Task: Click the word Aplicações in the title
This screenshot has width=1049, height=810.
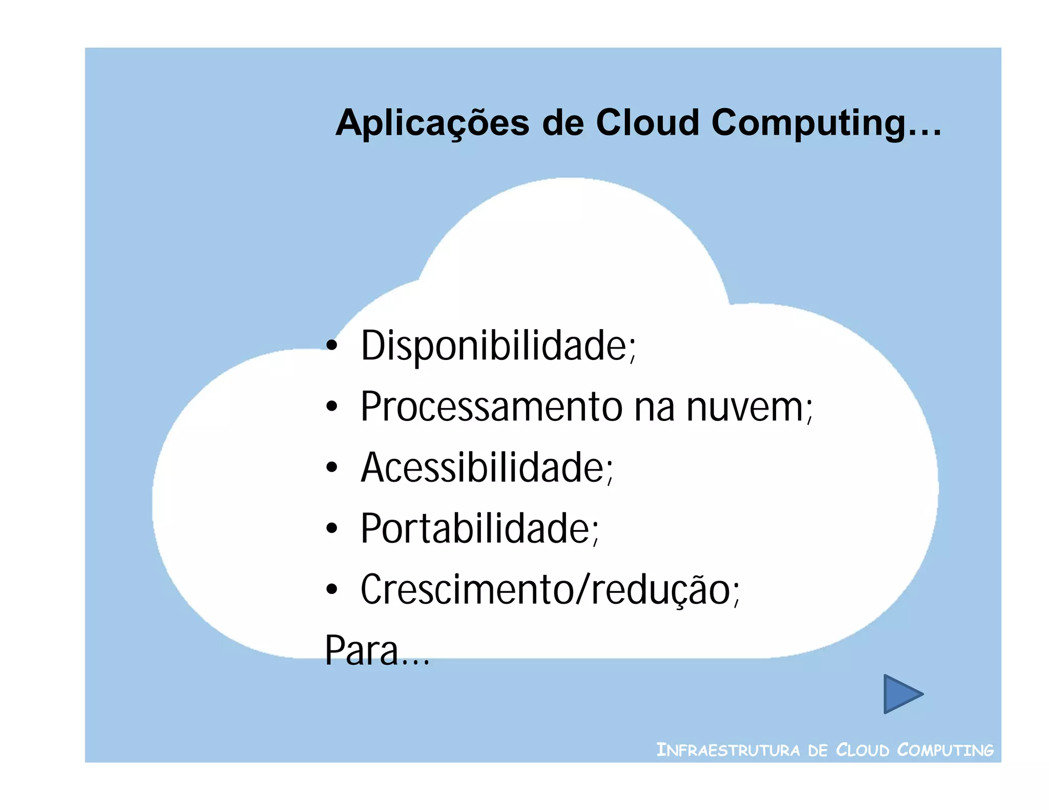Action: pyautogui.click(x=432, y=123)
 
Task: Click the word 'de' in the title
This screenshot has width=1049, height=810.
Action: pyautogui.click(x=562, y=123)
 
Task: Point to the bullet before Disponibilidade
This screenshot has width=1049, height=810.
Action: pyautogui.click(x=332, y=346)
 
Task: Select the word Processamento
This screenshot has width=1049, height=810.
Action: pyautogui.click(x=492, y=407)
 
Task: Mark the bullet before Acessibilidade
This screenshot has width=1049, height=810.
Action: pyautogui.click(x=332, y=467)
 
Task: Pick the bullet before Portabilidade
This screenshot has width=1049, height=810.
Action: pyautogui.click(x=332, y=528)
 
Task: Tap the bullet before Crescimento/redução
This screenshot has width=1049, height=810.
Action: pyautogui.click(x=332, y=589)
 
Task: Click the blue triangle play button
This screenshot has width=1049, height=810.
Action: pyautogui.click(x=900, y=694)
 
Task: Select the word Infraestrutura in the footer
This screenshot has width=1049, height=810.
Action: pyautogui.click(x=728, y=750)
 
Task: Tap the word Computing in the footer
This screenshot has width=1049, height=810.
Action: pyautogui.click(x=945, y=750)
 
